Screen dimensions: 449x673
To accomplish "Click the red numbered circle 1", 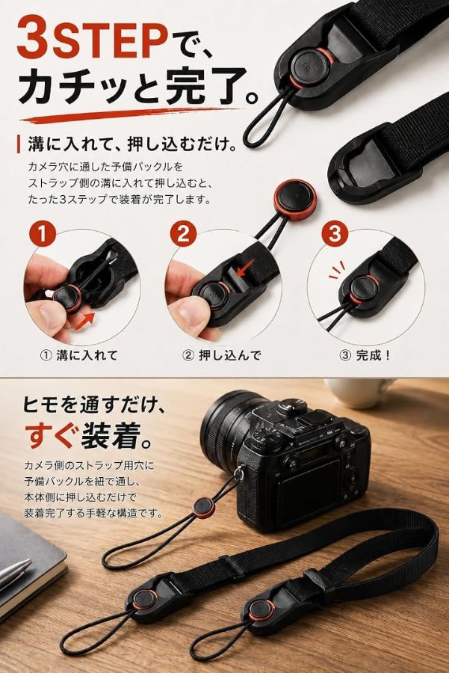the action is click(x=43, y=234).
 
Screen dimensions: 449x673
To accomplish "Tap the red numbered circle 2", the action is click(x=183, y=234).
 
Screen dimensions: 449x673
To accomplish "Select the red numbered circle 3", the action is click(x=335, y=234).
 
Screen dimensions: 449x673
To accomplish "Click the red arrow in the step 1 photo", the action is click(x=84, y=322).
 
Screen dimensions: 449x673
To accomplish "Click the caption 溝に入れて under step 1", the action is click(x=87, y=355).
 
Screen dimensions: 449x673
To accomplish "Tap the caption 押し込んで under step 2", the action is click(x=229, y=355).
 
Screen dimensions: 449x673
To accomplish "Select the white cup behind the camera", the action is click(x=359, y=393).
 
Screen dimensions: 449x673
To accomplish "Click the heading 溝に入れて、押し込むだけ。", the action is click(x=132, y=144).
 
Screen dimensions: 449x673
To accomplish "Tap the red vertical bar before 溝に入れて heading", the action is click(x=19, y=144).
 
